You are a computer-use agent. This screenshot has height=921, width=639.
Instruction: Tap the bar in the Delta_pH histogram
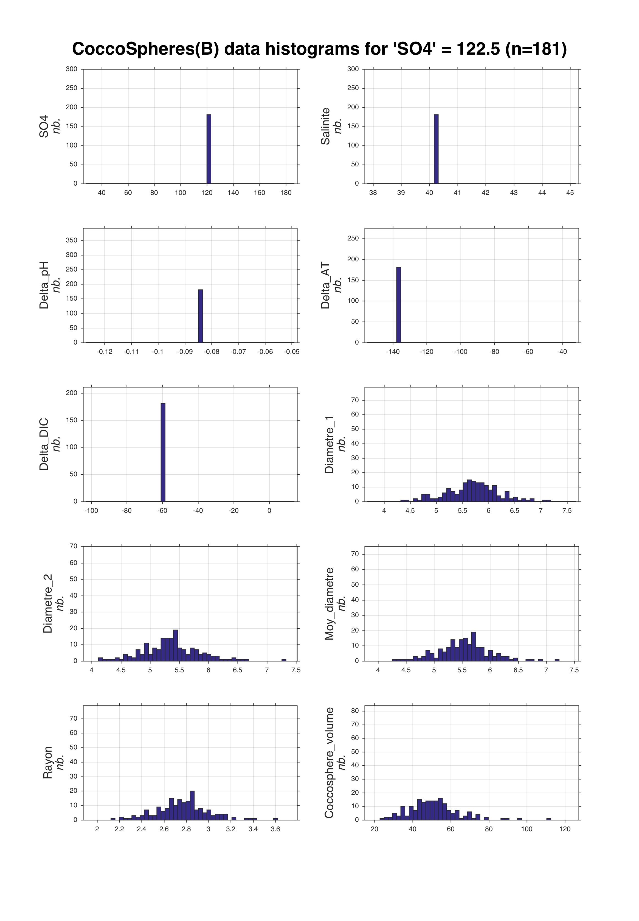pyautogui.click(x=201, y=316)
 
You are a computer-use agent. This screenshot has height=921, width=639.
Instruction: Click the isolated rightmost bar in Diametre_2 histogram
pyautogui.click(x=284, y=660)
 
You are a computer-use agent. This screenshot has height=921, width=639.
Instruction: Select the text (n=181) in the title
pyautogui.click(x=536, y=49)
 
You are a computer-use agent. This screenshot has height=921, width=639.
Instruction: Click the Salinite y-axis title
pyautogui.click(x=325, y=126)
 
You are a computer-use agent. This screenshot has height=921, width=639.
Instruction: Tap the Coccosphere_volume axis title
pyautogui.click(x=329, y=763)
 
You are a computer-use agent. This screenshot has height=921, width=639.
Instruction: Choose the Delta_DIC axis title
pyautogui.click(x=44, y=444)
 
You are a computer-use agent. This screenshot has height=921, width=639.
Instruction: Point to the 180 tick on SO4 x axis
pyautogui.click(x=286, y=193)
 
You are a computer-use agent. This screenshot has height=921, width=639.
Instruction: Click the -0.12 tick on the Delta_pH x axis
pyautogui.click(x=105, y=352)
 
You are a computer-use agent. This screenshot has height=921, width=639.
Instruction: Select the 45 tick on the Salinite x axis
pyautogui.click(x=570, y=193)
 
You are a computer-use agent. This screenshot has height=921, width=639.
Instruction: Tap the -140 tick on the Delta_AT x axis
pyautogui.click(x=393, y=352)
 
